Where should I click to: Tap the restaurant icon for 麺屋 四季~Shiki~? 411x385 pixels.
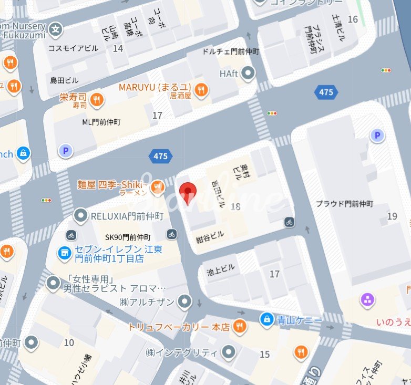[x=157, y=186]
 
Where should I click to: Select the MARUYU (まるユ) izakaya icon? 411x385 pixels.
[x=200, y=90]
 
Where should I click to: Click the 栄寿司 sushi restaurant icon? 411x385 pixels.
[x=96, y=99]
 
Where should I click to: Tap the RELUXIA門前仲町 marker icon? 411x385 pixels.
[x=80, y=215]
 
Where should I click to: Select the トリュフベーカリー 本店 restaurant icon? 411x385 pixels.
[x=239, y=326]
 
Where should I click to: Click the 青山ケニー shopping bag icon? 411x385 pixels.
[x=267, y=318]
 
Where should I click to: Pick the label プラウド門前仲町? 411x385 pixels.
[x=344, y=204]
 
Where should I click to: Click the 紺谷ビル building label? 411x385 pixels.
[x=210, y=234]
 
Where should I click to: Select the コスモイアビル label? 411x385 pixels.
[x=73, y=48]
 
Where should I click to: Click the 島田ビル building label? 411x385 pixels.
[x=64, y=80]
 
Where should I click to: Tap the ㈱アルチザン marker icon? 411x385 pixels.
[x=184, y=301]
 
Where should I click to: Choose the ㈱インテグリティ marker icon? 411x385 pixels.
[x=228, y=352]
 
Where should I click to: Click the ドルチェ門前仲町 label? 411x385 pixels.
[x=231, y=52]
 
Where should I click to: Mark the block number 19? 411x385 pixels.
[x=392, y=216]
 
